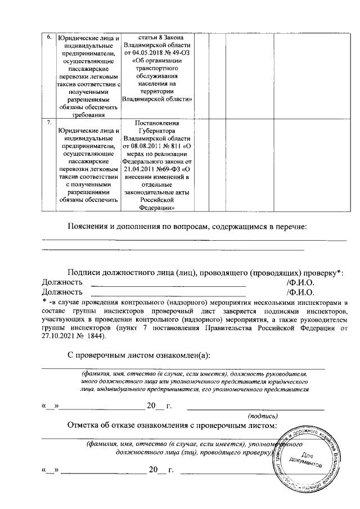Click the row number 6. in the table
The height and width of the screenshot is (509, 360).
pyautogui.click(x=49, y=37)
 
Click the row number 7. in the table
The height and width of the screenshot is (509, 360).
pyautogui.click(x=49, y=121)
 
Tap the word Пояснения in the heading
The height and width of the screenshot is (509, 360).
pyautogui.click(x=89, y=227)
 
